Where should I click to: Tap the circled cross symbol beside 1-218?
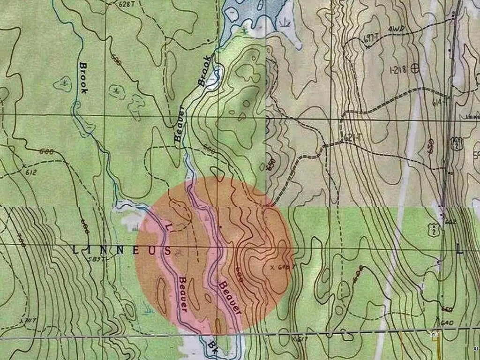414,68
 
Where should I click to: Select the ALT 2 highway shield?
456,143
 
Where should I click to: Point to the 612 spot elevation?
31,172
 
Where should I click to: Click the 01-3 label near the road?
435,334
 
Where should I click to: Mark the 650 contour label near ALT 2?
431,146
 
